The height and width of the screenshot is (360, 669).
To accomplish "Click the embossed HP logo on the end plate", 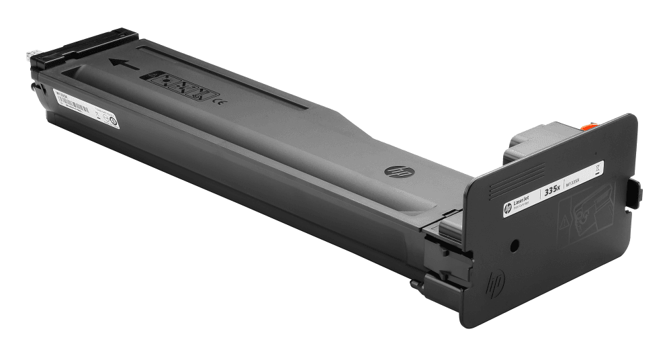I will pos(496,282).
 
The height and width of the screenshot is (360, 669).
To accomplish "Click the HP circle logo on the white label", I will pos(508,209).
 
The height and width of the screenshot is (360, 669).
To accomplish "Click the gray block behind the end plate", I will pos(531,142).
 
